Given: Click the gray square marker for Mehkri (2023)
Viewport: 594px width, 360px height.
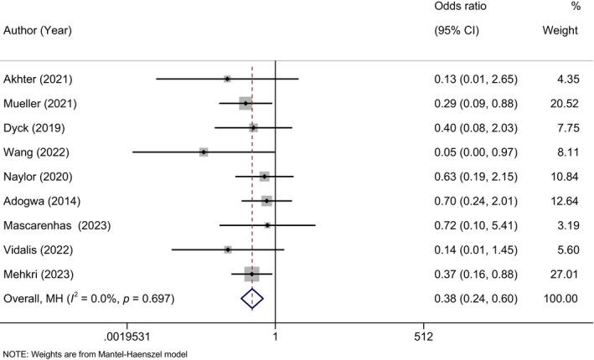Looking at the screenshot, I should (251, 274).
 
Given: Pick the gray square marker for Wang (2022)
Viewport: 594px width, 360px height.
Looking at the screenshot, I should (204, 152).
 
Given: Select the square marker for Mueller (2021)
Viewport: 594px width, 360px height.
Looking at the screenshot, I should (245, 104).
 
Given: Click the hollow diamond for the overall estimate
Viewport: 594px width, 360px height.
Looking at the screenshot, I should (252, 298).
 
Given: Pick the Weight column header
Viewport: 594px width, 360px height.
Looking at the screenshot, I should (560, 31).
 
